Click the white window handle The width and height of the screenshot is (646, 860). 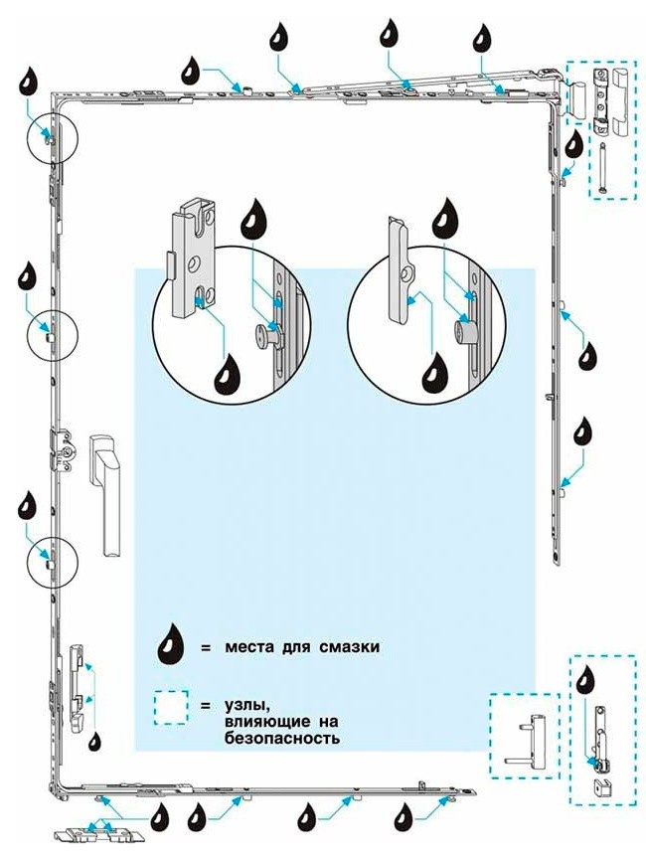[x=105, y=487]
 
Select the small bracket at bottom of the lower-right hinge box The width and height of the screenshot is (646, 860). [x=601, y=785]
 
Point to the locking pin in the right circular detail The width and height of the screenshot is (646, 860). [x=463, y=329]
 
